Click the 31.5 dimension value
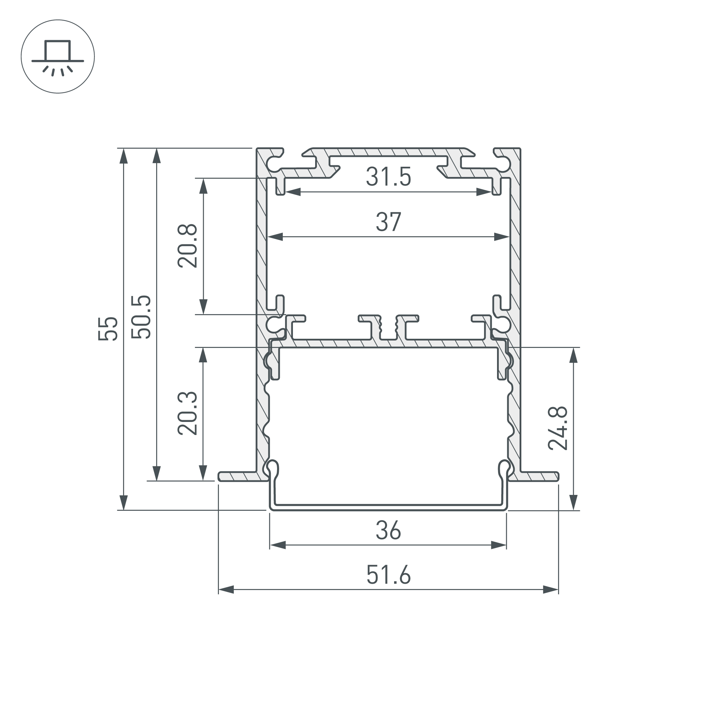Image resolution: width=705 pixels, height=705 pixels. point(388,177)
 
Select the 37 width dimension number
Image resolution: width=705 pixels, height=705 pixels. point(388,222)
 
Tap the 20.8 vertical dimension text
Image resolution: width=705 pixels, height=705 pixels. point(188,246)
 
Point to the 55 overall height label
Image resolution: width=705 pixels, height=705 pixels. point(108,329)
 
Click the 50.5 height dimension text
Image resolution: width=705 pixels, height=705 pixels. point(141,317)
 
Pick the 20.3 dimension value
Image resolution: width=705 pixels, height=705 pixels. point(188,413)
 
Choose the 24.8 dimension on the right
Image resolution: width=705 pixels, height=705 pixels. point(558,428)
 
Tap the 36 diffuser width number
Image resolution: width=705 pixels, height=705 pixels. point(388,531)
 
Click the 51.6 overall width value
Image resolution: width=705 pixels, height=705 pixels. point(388,575)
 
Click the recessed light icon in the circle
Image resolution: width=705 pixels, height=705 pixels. point(58,56)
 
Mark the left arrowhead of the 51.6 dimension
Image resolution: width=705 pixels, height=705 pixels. point(226,589)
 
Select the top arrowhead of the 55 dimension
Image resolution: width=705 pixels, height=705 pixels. point(124,156)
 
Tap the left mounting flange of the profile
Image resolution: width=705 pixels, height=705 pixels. point(239,476)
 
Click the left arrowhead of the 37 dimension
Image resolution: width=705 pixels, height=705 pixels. point(275,237)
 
